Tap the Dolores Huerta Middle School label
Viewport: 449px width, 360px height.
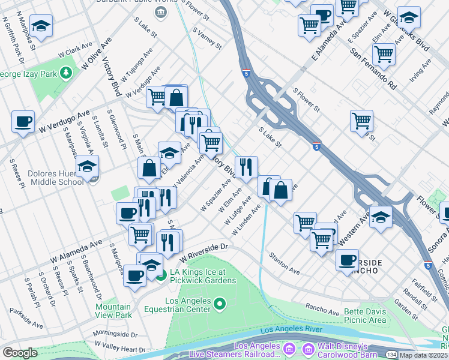click(56, 178)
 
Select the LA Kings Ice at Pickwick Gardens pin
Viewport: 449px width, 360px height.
click(161, 276)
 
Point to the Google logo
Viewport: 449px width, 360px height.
click(20, 353)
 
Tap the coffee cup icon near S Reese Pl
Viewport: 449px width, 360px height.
click(23, 122)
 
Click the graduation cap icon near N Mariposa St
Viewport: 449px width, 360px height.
click(41, 26)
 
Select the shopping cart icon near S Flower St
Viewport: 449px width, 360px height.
click(361, 121)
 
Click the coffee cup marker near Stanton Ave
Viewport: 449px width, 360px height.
click(346, 260)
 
